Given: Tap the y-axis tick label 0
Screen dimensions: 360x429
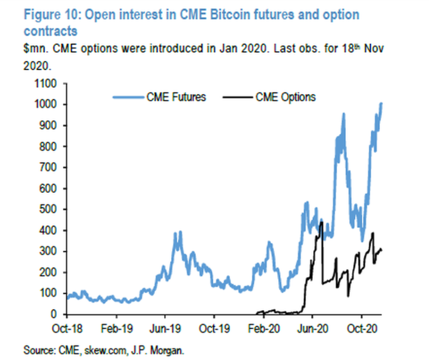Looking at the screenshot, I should [x=56, y=314].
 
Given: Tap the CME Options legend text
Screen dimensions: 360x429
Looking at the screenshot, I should [x=286, y=97].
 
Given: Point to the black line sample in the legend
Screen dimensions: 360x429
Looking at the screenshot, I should [x=237, y=97].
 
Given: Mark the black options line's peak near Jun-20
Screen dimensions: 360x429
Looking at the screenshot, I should [x=321, y=223].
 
